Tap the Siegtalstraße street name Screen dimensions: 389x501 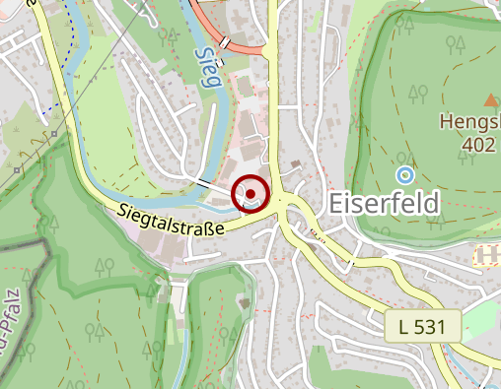coord(169,219)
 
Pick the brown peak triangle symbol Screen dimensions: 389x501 coord(490,98)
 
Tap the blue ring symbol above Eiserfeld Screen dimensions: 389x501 coord(403,174)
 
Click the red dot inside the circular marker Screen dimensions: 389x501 coord(252,193)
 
